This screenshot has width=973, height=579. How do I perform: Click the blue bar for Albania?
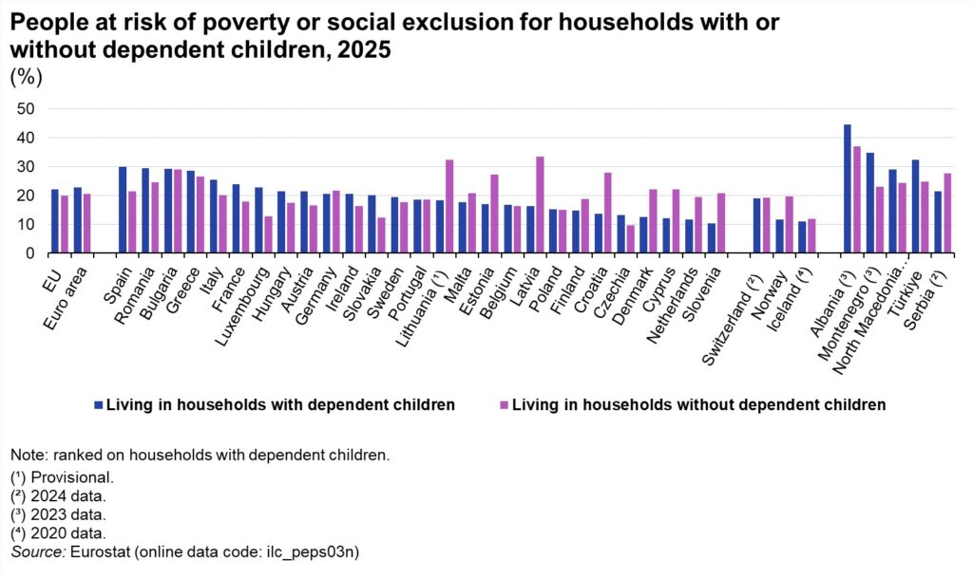(x=847, y=189)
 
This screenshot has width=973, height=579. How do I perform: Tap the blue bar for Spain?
(x=123, y=210)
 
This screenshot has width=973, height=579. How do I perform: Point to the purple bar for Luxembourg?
(x=268, y=234)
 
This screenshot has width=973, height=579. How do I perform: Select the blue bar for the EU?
(x=54, y=221)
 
